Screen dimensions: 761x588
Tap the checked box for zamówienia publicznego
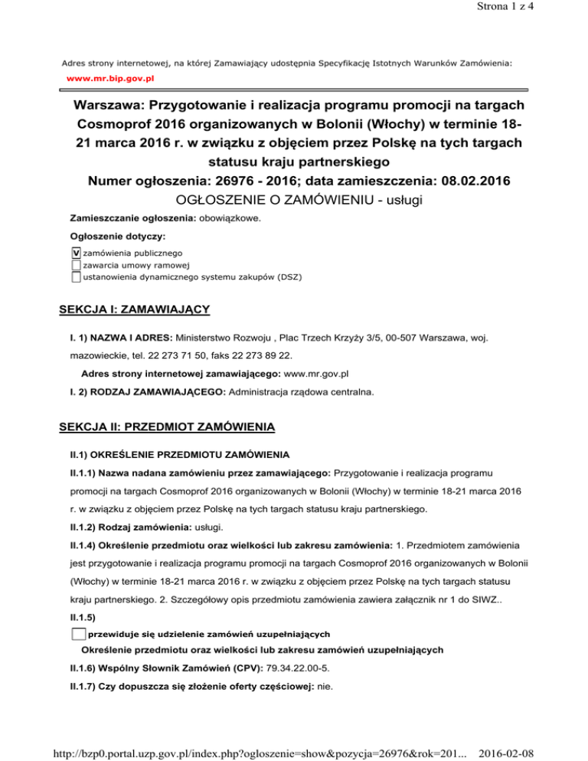coord(75,253)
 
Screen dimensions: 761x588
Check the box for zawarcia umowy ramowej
coord(75,265)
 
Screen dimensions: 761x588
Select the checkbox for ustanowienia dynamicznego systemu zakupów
coord(75,277)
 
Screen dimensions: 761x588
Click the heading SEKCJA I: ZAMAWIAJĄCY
coord(135,310)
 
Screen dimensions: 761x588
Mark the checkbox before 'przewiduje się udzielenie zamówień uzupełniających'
coord(77,633)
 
